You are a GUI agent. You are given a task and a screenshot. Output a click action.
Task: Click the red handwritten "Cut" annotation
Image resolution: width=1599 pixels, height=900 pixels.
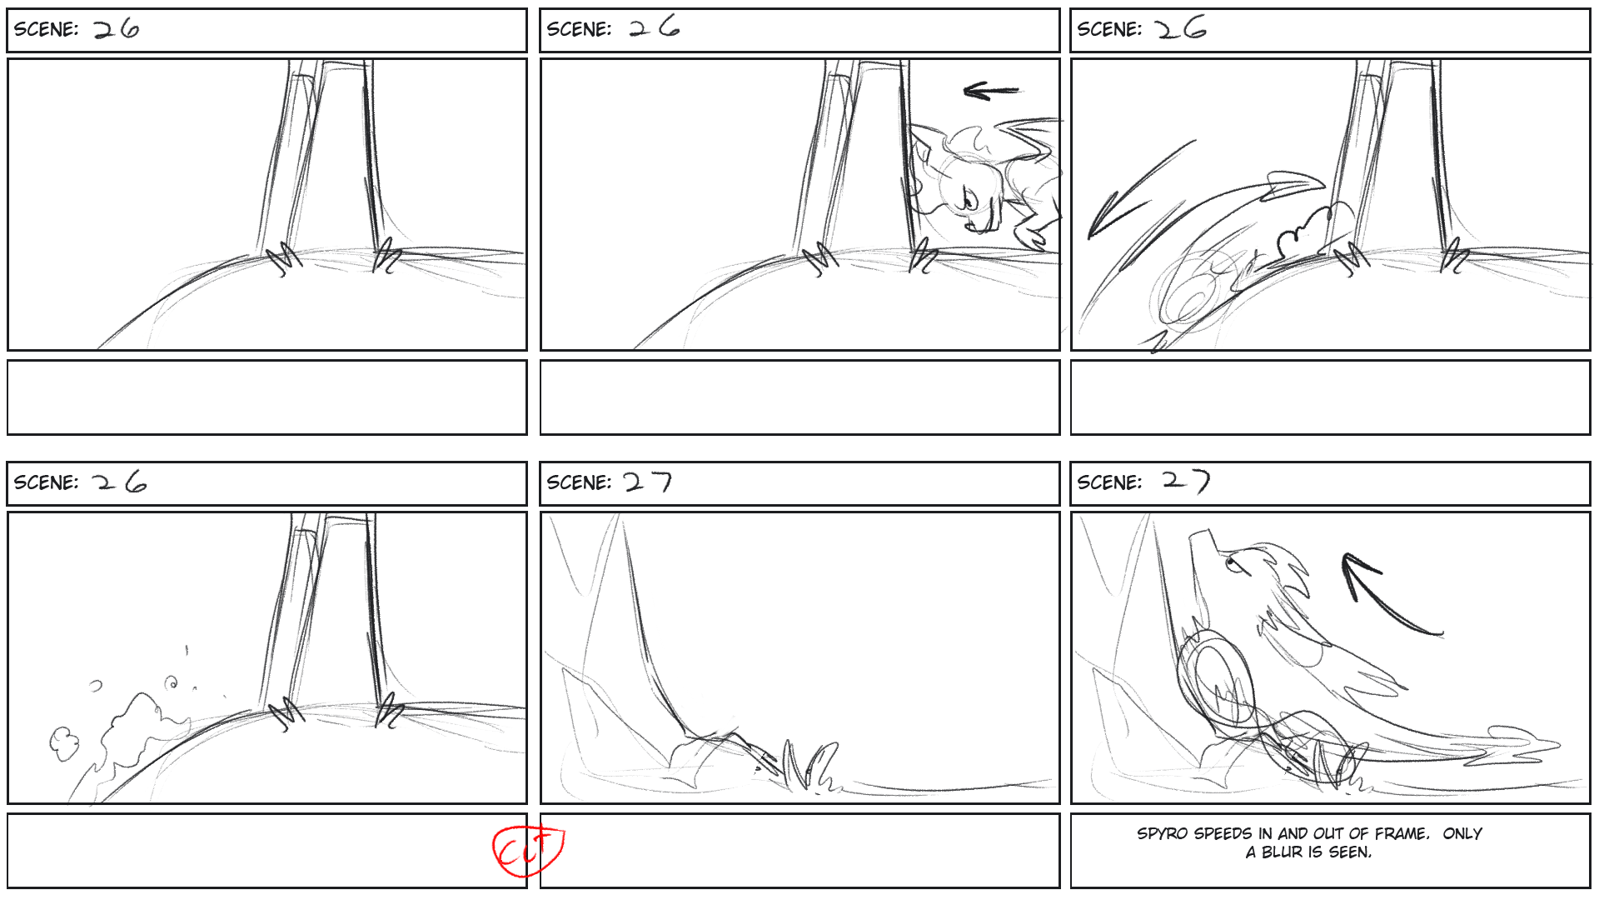(528, 850)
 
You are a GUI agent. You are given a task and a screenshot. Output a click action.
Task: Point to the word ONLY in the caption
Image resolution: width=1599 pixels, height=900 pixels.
(1462, 834)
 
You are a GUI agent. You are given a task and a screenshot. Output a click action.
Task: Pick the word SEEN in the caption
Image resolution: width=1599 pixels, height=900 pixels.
(1350, 852)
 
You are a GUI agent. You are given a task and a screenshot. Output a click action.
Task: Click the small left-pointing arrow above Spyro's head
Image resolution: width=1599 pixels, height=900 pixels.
(990, 90)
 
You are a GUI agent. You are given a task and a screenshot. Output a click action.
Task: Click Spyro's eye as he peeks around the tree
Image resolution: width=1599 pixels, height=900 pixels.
(969, 200)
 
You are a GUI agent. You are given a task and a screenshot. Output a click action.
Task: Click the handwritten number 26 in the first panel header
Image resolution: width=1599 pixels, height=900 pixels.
(116, 30)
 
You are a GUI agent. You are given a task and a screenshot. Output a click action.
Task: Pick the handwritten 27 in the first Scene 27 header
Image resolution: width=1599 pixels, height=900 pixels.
(648, 482)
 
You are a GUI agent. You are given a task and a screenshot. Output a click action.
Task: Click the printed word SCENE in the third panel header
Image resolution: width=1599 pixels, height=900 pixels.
(1108, 30)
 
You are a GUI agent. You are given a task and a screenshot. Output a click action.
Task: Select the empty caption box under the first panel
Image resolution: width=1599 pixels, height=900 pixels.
(267, 397)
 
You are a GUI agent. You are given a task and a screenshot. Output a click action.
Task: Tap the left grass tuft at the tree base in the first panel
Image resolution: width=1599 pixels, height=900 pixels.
(285, 258)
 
